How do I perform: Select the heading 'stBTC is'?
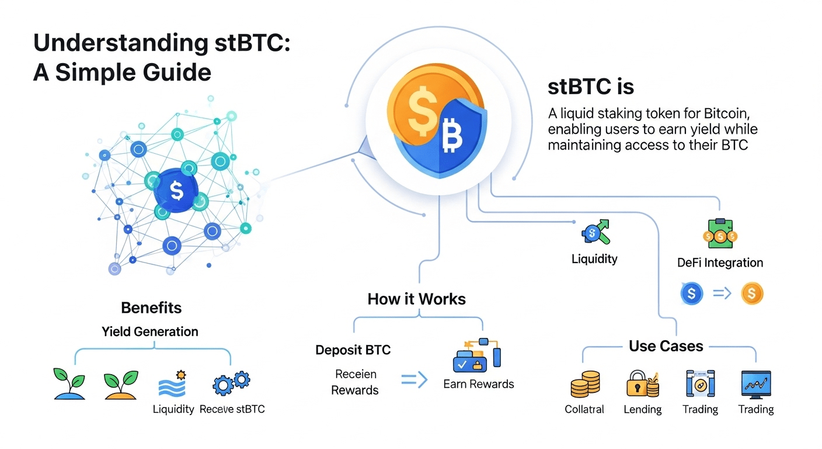click(x=590, y=87)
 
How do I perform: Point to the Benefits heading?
click(x=151, y=308)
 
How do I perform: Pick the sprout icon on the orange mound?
click(x=121, y=384)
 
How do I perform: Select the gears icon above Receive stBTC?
click(x=231, y=384)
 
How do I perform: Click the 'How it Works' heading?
click(x=416, y=299)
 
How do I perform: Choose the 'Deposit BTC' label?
click(x=353, y=350)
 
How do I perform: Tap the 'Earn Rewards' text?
click(x=478, y=384)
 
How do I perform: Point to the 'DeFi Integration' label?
click(x=720, y=263)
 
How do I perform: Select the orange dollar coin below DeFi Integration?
click(x=752, y=294)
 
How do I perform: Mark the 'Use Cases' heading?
click(x=666, y=346)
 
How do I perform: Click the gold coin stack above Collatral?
click(x=584, y=384)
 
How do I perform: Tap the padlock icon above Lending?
click(x=642, y=384)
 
